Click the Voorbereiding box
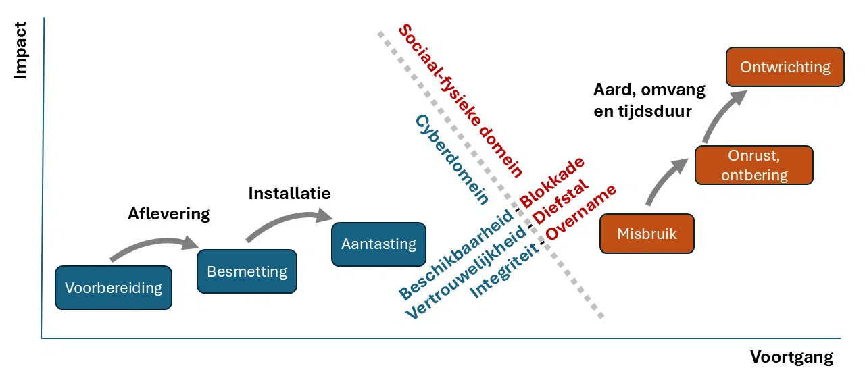point(114,288)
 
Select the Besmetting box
point(247,271)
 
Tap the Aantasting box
point(378,244)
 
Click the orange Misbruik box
point(647,234)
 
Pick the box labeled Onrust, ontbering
point(754,165)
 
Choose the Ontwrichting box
point(785,67)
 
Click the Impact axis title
point(20,51)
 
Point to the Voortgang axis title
point(791,356)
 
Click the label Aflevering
point(169,214)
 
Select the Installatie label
point(289,193)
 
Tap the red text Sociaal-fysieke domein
point(461,100)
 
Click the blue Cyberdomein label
point(451,159)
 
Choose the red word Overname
point(581,212)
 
